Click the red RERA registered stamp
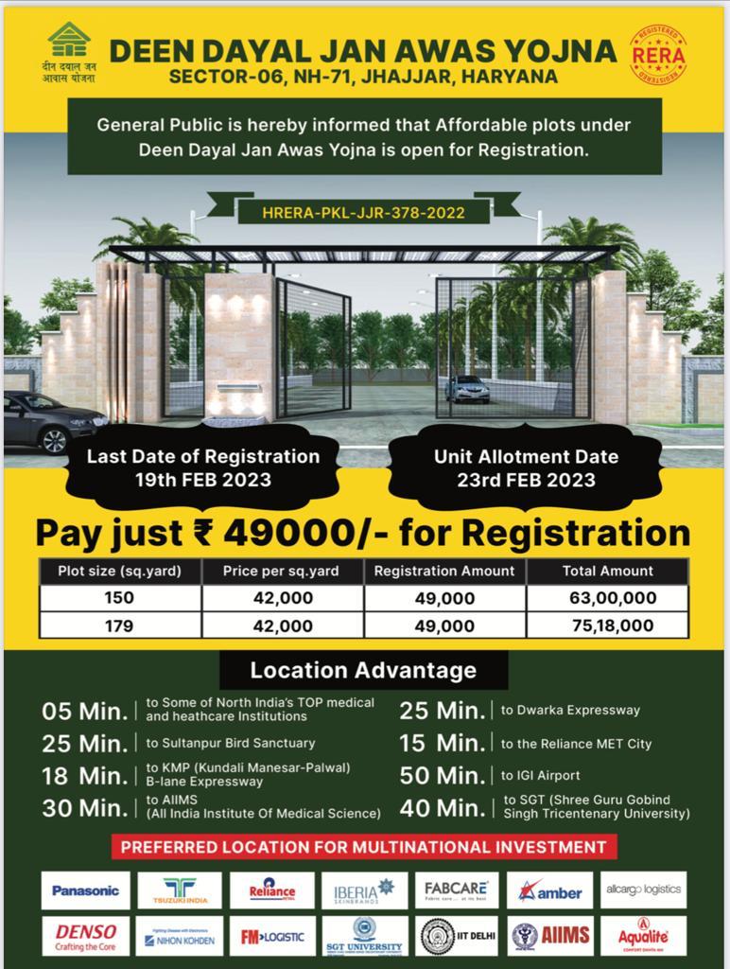[658, 55]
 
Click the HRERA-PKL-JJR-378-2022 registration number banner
[364, 212]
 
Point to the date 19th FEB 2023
[202, 480]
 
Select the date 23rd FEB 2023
[526, 480]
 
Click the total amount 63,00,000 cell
[606, 598]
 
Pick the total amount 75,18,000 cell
[606, 625]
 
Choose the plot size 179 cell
[119, 625]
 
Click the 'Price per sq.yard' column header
[281, 572]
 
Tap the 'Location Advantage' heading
[363, 671]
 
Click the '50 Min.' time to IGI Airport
[443, 775]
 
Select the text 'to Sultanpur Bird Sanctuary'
[231, 743]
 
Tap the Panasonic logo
[86, 890]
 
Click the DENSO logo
[86, 936]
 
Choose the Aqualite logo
[643, 936]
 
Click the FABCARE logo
[457, 890]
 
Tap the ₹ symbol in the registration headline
[202, 532]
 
